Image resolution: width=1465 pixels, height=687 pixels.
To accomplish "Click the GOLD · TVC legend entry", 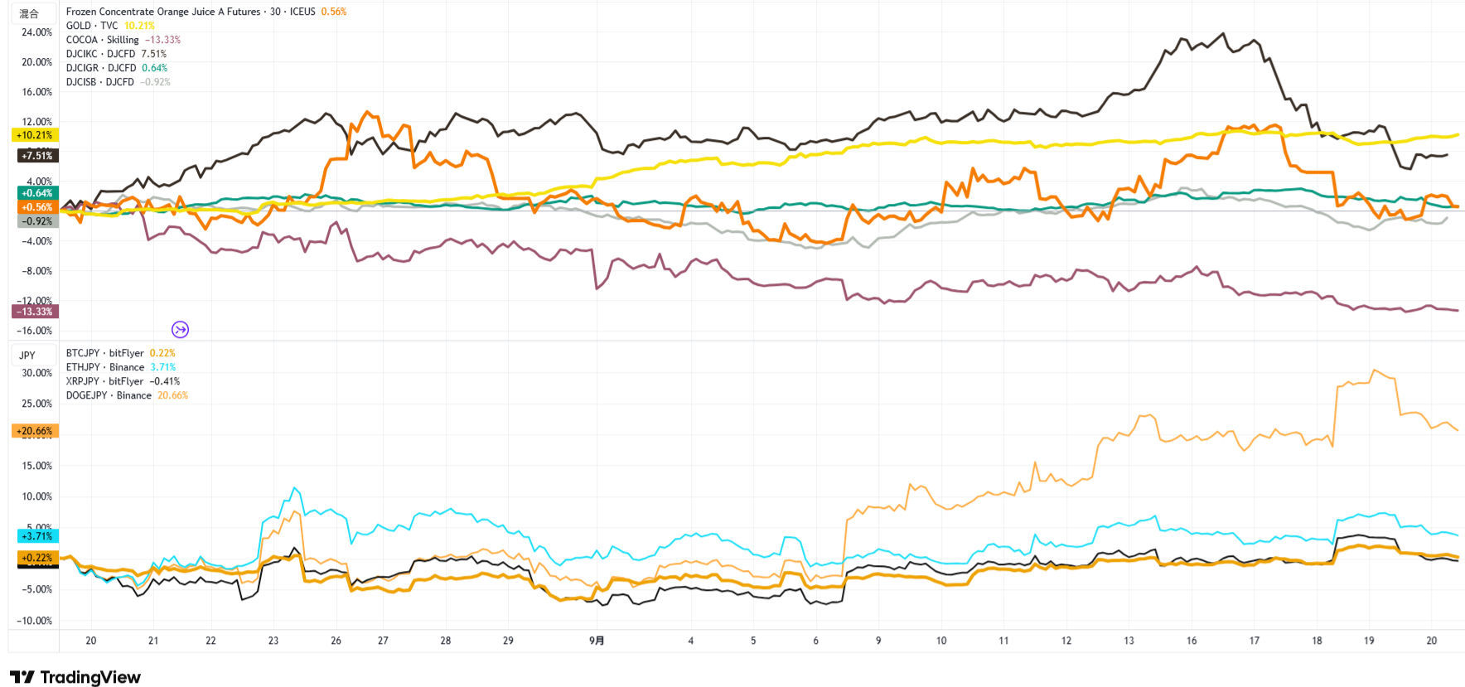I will click(x=92, y=26).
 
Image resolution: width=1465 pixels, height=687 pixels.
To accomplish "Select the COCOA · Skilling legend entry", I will click(x=102, y=40).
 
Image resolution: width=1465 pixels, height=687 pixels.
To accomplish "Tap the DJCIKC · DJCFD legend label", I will click(x=100, y=54).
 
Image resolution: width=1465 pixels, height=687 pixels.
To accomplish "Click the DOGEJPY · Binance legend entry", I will click(x=109, y=395).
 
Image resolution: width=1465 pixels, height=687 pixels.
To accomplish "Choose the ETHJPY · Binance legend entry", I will click(x=105, y=367).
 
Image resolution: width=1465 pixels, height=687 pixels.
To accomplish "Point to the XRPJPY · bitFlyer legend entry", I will click(x=104, y=381).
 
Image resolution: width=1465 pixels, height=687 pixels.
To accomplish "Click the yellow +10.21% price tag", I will click(x=34, y=135).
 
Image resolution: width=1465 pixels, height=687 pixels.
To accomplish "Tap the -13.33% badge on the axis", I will click(x=34, y=312).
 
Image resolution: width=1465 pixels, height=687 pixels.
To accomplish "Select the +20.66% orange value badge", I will click(x=34, y=431).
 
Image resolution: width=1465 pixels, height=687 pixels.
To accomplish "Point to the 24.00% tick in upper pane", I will click(x=36, y=32).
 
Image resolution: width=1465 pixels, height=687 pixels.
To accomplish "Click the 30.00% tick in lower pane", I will click(x=36, y=373).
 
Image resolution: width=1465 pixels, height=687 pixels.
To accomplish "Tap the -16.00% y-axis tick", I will click(x=36, y=331).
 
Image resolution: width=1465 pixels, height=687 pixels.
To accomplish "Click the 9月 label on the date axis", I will click(x=597, y=641).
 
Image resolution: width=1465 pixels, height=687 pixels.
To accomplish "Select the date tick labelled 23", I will click(x=273, y=641).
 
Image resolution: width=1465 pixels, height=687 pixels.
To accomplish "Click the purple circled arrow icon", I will click(x=180, y=330).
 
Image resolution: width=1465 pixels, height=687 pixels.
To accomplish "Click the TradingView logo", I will click(x=75, y=677).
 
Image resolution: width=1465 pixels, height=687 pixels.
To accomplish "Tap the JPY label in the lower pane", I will click(x=27, y=356).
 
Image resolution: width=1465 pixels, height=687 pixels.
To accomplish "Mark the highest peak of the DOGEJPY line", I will click(x=1374, y=370).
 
